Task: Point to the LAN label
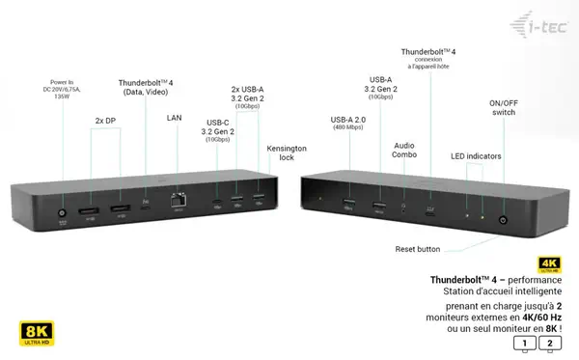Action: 174,118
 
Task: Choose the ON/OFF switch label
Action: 504,107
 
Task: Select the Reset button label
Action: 417,249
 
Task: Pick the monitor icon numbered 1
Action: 525,342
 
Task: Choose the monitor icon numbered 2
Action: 551,342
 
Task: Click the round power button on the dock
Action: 501,220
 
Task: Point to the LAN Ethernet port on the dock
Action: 178,202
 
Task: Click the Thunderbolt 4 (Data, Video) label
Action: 145,88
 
